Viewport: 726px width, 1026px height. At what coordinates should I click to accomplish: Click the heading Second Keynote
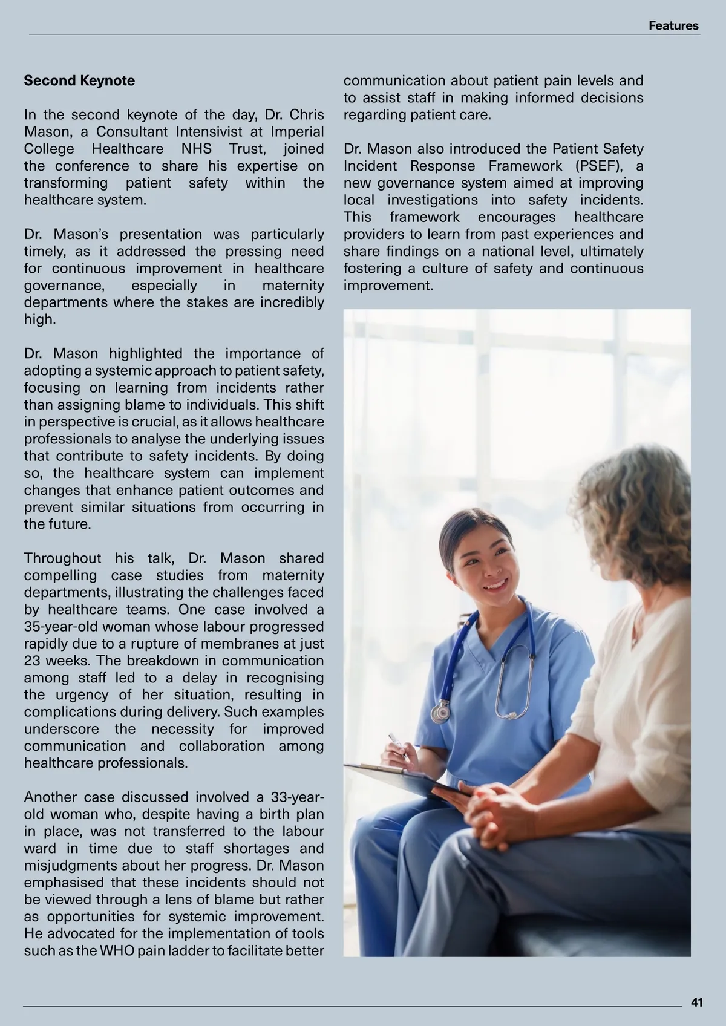(x=79, y=80)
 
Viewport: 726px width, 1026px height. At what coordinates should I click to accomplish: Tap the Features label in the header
(x=673, y=25)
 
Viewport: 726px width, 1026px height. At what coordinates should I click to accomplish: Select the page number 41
(x=696, y=1002)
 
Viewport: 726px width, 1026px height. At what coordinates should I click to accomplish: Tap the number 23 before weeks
(x=32, y=660)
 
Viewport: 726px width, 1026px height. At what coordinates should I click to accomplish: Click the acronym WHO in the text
(x=117, y=950)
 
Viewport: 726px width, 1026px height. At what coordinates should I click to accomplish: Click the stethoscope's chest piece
(x=441, y=712)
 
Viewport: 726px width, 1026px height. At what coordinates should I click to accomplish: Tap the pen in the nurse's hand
(x=396, y=743)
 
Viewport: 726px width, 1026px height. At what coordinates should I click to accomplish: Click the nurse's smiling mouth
(x=495, y=585)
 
